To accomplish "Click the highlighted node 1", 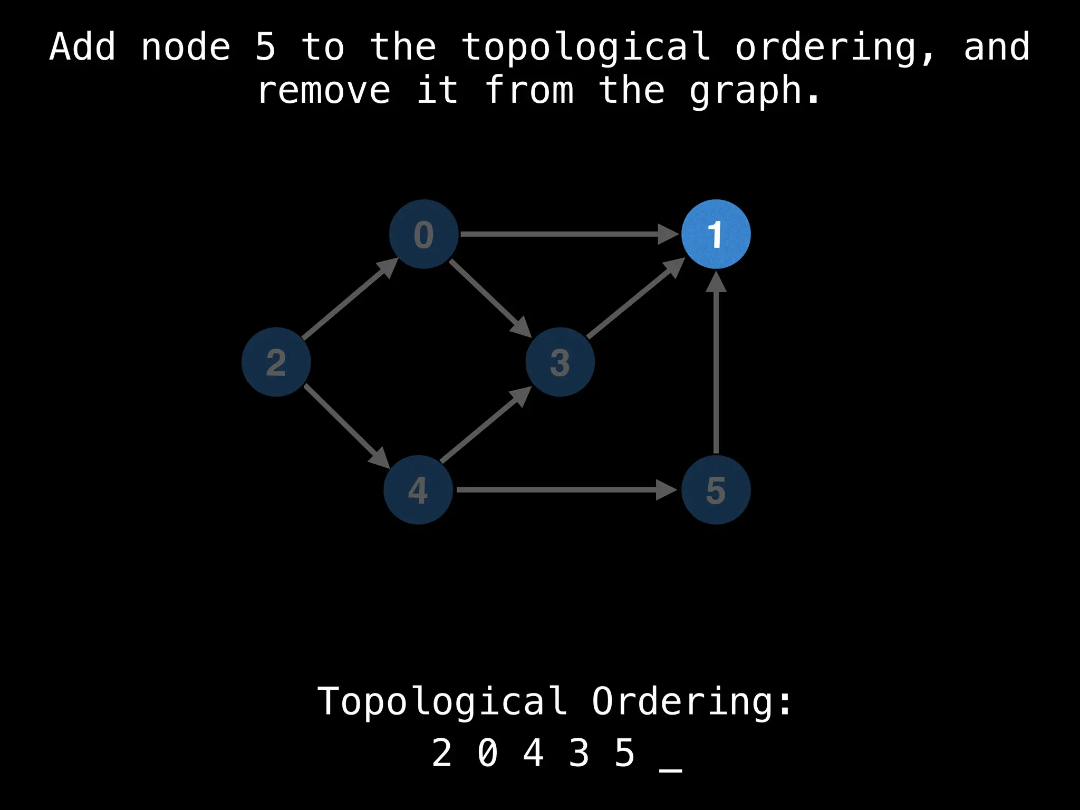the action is [716, 234].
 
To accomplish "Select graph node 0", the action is [423, 234].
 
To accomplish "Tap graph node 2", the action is [276, 362].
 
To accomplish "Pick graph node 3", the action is [560, 362].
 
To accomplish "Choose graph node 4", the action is [418, 489].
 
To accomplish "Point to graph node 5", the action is [716, 489].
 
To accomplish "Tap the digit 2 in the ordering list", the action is [442, 753].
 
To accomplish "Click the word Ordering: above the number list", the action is [691, 701].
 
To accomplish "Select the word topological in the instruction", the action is [585, 47].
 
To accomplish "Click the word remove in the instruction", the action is [324, 90].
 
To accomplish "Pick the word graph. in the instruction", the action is [755, 90].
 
